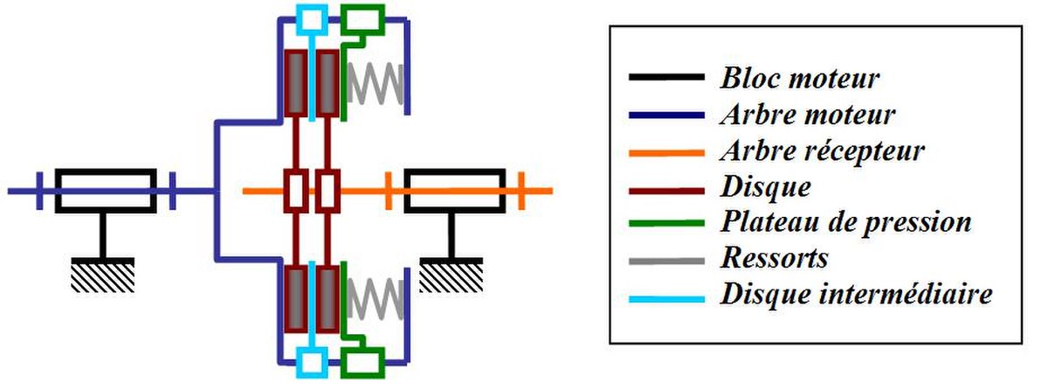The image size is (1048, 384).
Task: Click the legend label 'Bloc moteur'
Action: click(x=800, y=78)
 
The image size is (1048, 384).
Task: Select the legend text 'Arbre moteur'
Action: click(x=808, y=115)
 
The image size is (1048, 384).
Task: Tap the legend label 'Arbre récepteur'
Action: click(x=823, y=151)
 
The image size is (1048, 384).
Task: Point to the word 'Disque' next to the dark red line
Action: click(x=766, y=187)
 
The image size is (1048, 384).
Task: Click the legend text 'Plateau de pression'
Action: click(x=846, y=222)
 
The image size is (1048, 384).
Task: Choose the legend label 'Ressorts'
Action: click(x=775, y=258)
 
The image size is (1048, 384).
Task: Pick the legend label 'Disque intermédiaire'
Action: click(x=856, y=295)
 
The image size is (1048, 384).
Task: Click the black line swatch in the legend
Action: click(x=666, y=77)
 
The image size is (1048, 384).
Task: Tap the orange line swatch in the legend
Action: click(x=666, y=153)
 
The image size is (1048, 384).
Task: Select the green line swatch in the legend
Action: click(x=666, y=223)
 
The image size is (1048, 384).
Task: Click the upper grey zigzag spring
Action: click(x=376, y=83)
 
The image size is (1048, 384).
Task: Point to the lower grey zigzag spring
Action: click(x=376, y=298)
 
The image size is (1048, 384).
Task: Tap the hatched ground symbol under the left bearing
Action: click(x=103, y=275)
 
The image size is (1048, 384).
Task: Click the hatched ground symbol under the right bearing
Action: click(x=451, y=275)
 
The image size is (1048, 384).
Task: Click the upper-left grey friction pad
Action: click(x=296, y=83)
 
